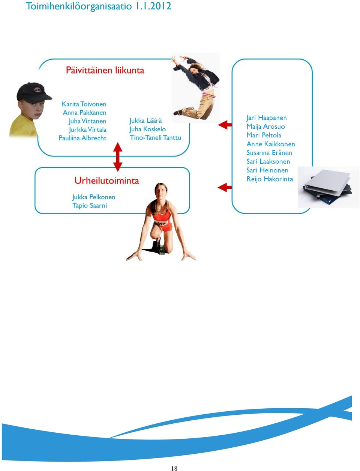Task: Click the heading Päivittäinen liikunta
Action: coord(105,70)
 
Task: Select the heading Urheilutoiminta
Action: coord(106,181)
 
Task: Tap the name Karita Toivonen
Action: coord(84,104)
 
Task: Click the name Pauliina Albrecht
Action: coord(82,138)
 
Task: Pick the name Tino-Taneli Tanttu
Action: coord(156,137)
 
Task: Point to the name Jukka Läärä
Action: coord(145,120)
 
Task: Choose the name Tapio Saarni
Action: coord(90,206)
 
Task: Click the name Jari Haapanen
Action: coord(266,118)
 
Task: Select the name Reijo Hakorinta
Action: coord(270,179)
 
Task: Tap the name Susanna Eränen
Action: coord(269,153)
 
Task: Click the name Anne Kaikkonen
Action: coord(271,144)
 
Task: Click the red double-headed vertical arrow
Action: coord(118,157)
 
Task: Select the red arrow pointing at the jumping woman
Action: coord(225,125)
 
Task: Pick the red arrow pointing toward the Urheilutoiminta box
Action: coord(225,187)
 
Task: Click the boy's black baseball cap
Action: coord(34,92)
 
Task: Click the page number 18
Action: coord(174,468)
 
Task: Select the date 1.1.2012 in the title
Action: coord(153,6)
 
